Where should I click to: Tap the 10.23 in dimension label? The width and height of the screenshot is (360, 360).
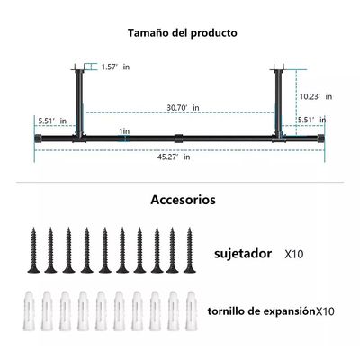(x=316, y=95)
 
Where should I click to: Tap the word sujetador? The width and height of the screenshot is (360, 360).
(x=242, y=254)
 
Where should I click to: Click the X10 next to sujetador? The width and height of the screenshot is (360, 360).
(x=294, y=255)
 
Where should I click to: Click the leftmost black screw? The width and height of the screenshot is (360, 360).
(x=34, y=250)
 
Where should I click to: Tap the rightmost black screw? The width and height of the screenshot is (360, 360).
(x=189, y=250)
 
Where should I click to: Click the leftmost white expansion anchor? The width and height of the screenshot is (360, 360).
(x=33, y=310)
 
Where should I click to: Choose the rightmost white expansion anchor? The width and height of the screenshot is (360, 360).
(x=191, y=310)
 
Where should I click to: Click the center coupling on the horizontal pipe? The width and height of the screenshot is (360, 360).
(x=179, y=139)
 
